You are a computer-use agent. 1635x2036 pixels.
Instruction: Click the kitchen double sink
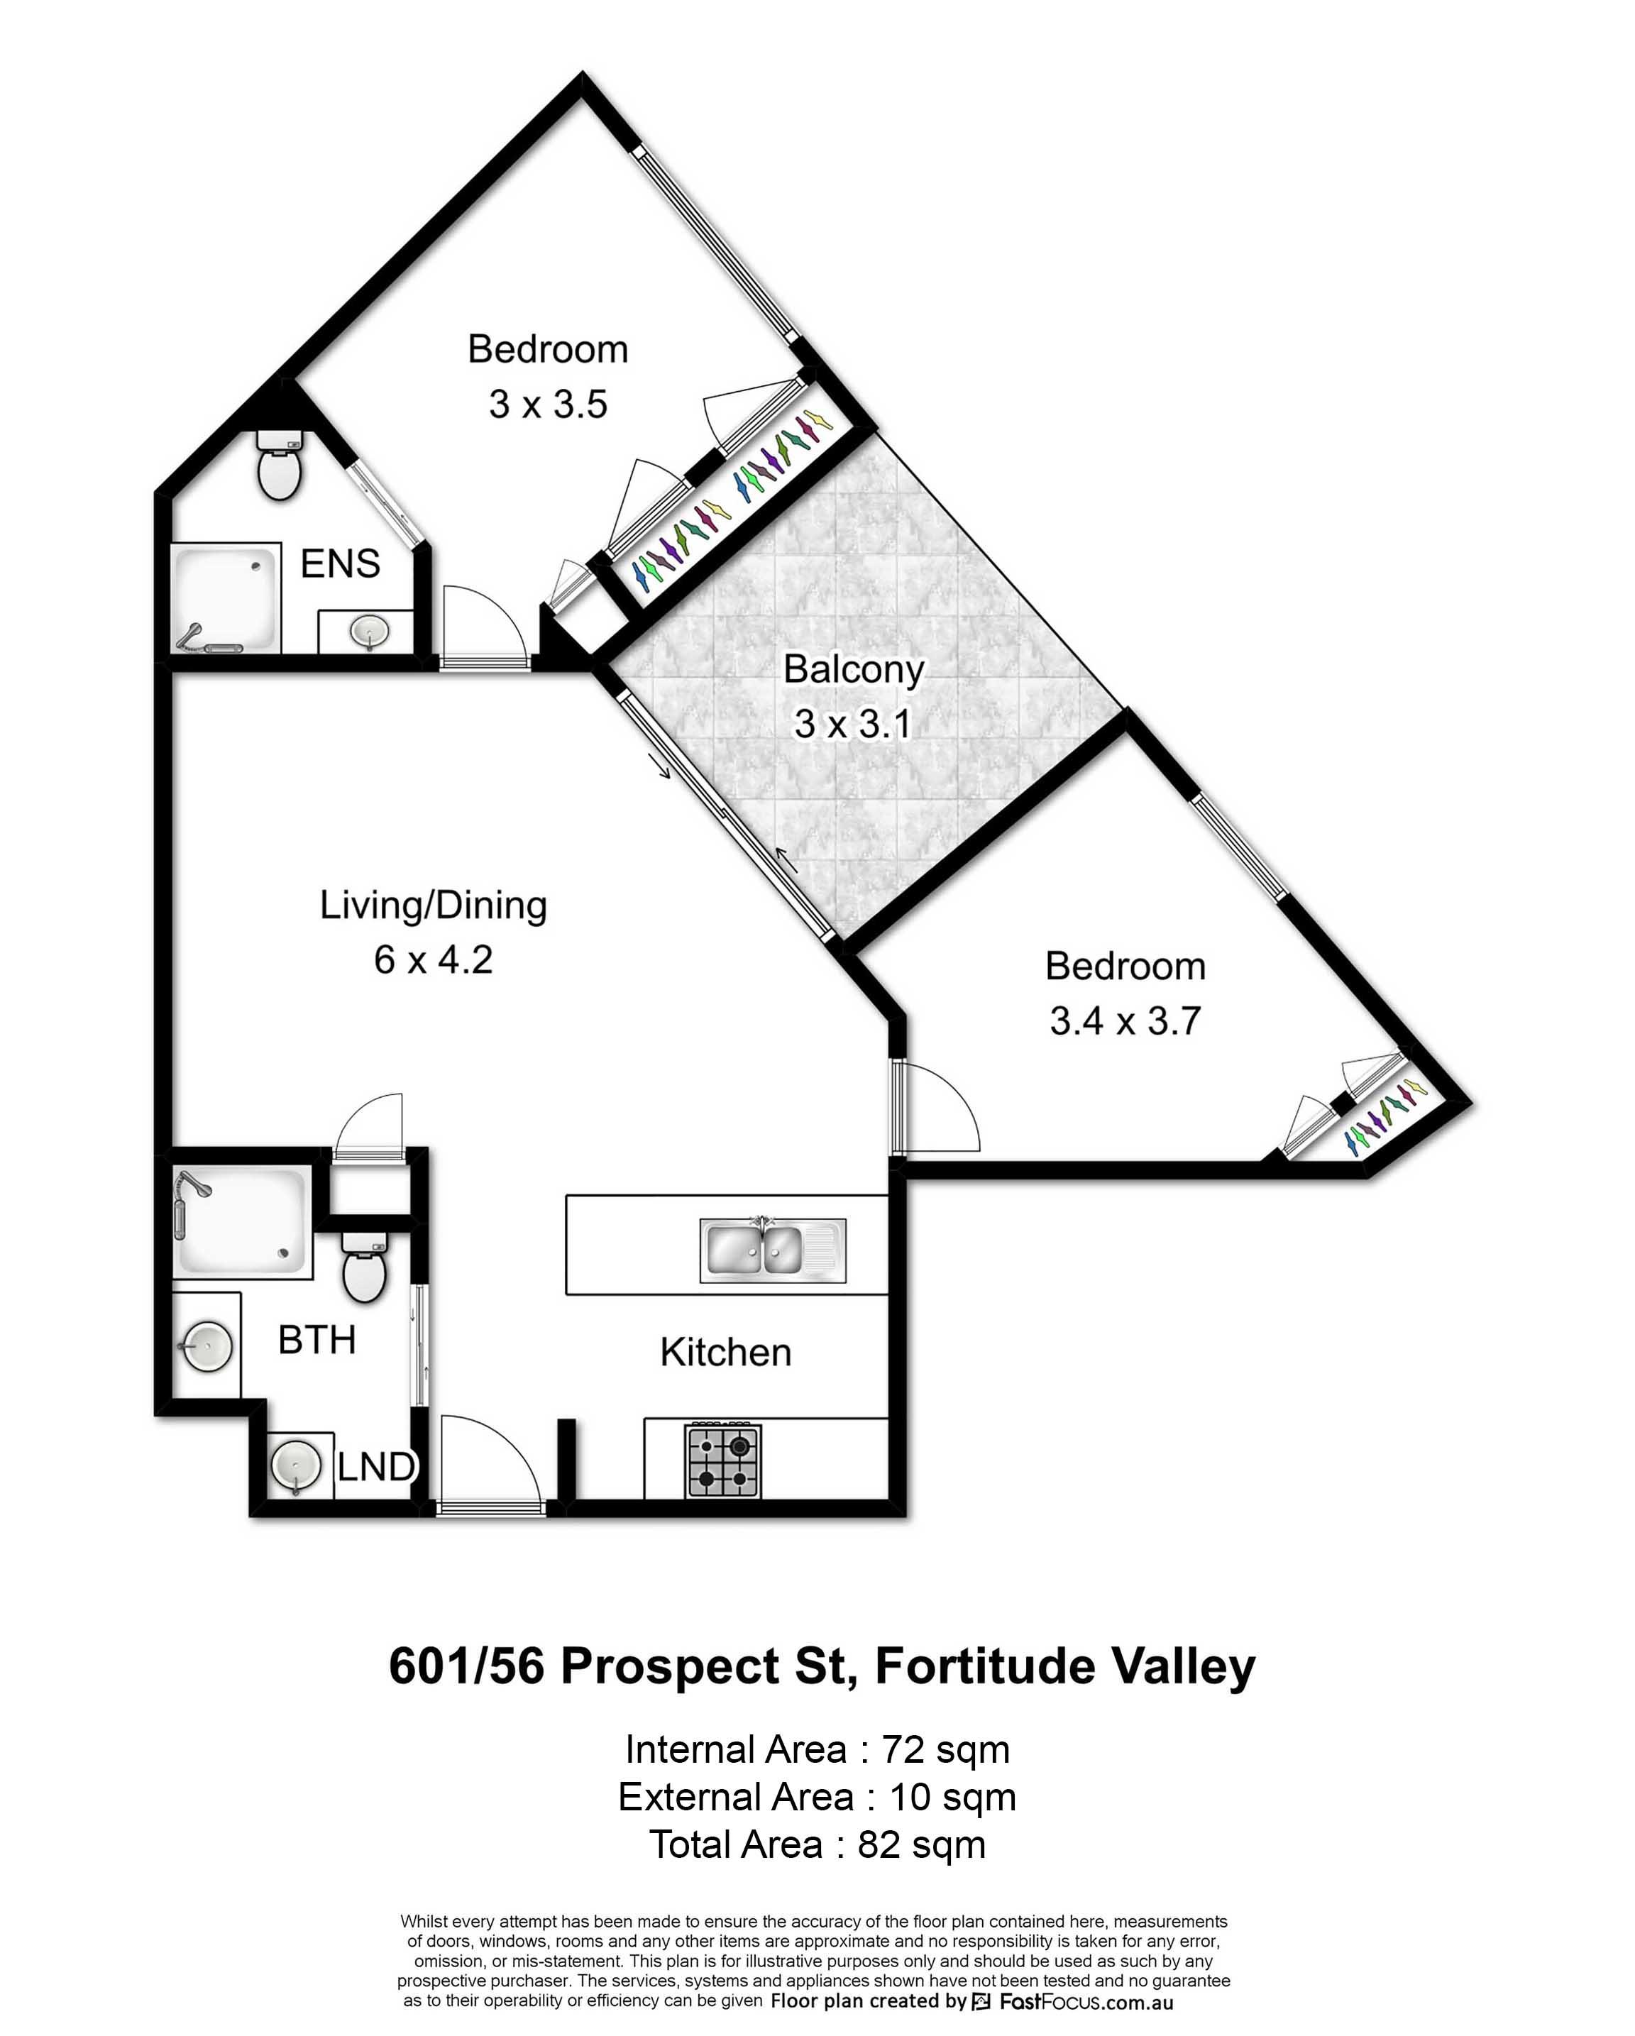click(773, 1250)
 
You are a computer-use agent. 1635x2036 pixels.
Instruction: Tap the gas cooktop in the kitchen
click(725, 1460)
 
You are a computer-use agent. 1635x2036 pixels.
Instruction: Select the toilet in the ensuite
click(279, 466)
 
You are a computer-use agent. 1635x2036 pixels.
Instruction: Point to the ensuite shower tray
click(226, 598)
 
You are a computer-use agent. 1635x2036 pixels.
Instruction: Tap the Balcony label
click(854, 669)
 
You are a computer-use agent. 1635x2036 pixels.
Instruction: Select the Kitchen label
click(725, 1353)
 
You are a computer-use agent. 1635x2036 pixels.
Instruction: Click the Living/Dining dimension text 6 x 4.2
click(434, 959)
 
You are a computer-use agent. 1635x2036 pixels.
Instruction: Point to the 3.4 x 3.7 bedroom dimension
click(1125, 1020)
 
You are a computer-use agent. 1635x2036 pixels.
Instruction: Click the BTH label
click(316, 1340)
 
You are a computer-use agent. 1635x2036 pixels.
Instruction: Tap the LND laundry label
click(376, 1467)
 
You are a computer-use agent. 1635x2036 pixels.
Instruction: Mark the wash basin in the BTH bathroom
click(207, 1345)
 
